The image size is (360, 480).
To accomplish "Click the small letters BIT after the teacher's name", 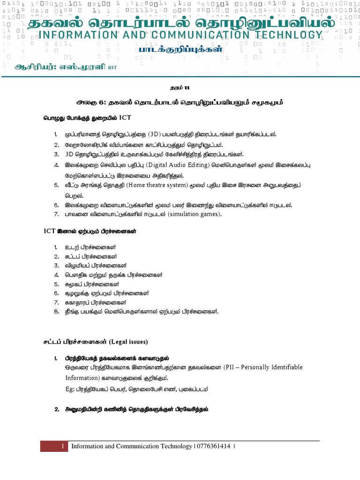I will coord(113,67).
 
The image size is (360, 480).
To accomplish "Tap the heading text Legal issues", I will coord(130,342).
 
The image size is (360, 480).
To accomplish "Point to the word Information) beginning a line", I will coord(84,378).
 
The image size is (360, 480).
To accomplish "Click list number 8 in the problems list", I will coord(55,311).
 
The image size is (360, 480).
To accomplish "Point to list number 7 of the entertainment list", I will coord(55,214).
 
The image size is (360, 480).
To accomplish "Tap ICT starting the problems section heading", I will coord(49,231).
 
